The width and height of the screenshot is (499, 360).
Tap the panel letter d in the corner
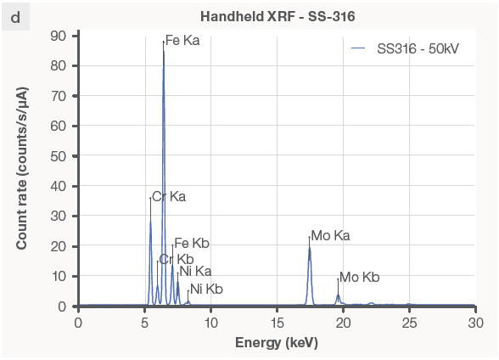15,16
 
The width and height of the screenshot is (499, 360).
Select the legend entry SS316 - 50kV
418,49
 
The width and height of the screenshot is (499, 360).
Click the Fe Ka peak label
182,40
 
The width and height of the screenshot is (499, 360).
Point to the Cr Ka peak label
169,196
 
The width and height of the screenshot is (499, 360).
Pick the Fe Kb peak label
191,244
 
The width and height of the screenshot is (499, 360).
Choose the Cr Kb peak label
177,259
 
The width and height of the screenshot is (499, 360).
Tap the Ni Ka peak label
195,272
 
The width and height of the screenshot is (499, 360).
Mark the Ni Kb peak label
206,290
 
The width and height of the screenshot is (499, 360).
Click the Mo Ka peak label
330,235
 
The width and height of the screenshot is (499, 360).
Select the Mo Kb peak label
359,278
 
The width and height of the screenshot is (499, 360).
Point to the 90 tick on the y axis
59,36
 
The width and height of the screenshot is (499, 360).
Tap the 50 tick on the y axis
59,156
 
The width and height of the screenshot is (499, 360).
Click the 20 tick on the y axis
59,246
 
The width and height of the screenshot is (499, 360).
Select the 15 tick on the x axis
277,323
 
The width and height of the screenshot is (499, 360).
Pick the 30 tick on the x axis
475,323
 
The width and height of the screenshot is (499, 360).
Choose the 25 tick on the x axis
409,323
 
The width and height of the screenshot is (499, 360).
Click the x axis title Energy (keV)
277,342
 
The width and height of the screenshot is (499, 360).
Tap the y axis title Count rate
22,171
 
